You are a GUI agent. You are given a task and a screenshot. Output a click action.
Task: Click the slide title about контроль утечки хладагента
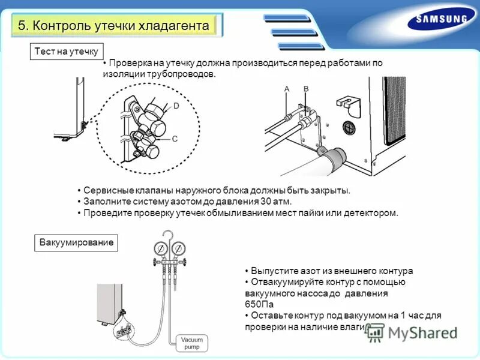tap(114, 26)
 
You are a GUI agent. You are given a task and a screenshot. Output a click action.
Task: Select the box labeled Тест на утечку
tap(66, 52)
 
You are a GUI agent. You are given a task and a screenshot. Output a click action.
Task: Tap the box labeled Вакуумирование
tap(76, 243)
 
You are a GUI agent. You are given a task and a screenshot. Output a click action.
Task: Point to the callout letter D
tap(176, 106)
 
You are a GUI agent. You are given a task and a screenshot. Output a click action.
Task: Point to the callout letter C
tap(175, 139)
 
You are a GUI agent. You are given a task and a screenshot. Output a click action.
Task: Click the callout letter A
tap(287, 89)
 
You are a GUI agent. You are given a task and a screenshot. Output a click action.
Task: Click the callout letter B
tap(305, 89)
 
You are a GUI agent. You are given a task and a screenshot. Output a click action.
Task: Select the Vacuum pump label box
tap(192, 343)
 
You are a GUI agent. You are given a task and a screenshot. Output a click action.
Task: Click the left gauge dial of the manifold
tap(161, 248)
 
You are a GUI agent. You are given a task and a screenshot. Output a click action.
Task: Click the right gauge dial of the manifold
tap(179, 248)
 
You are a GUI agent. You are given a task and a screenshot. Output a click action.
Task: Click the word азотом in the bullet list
tap(181, 202)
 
